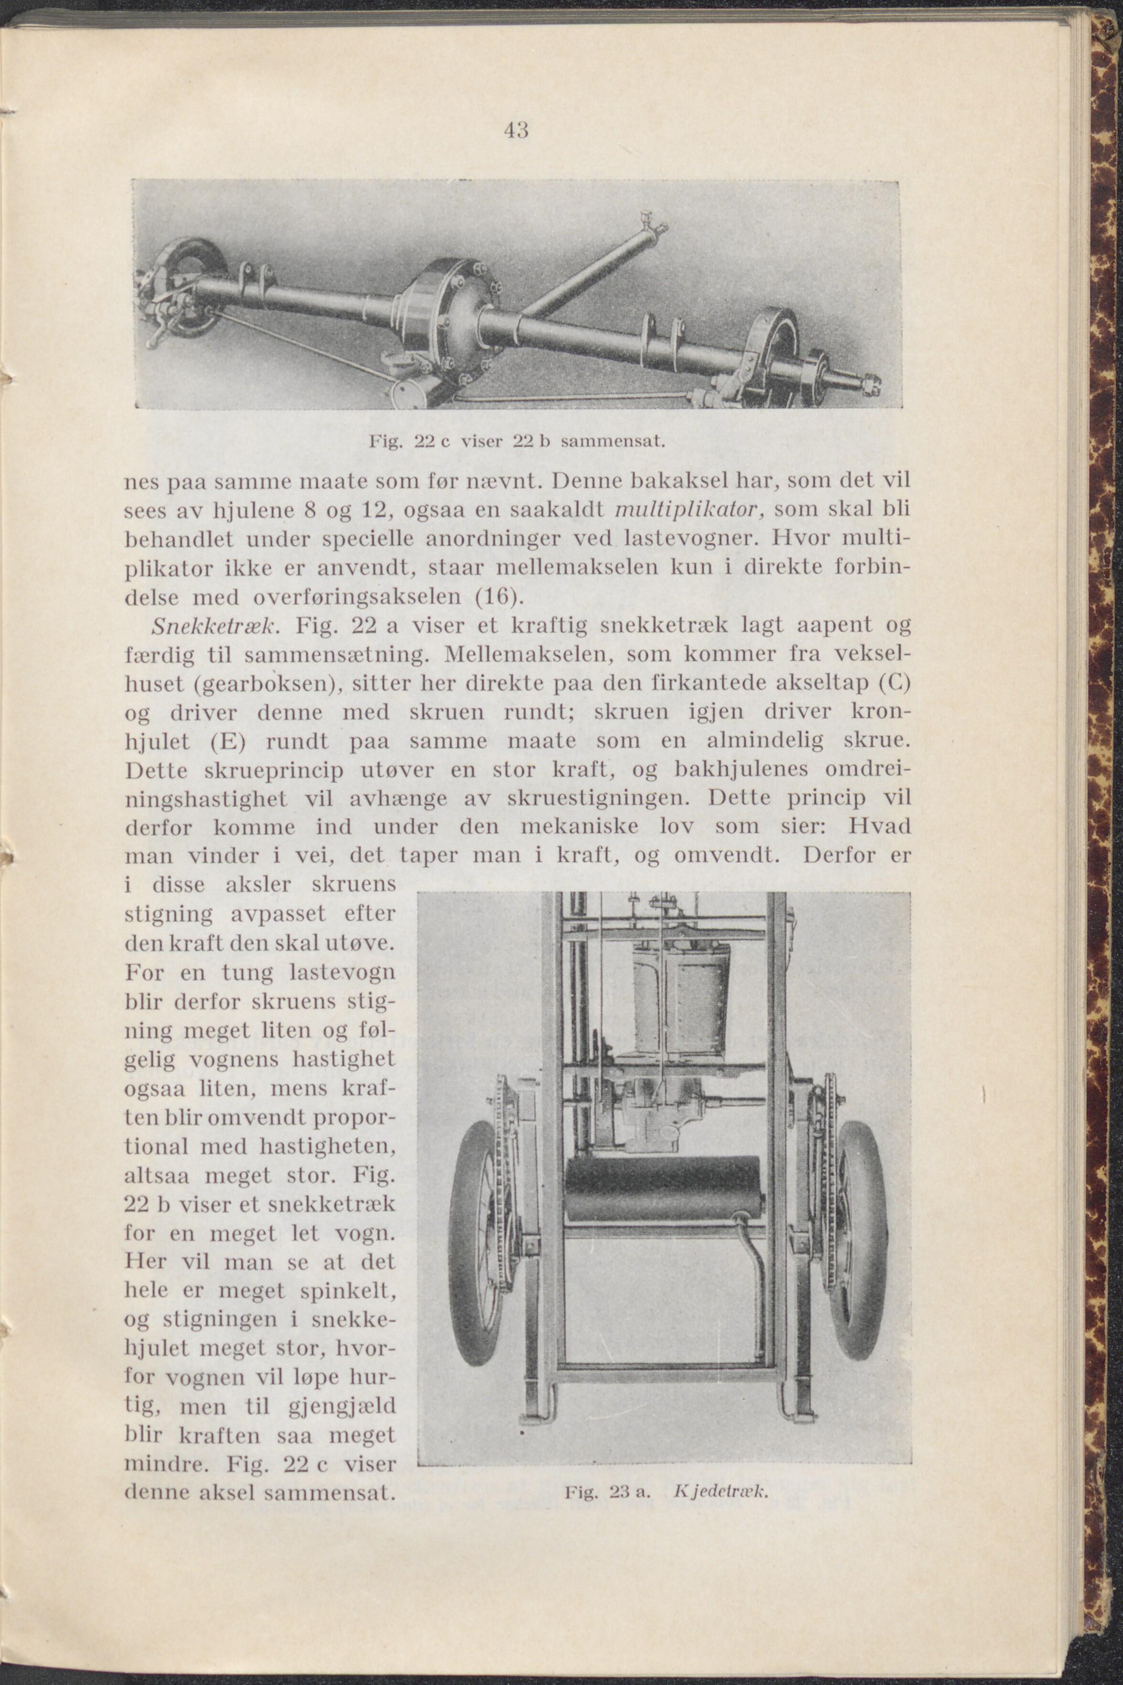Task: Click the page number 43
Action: [x=516, y=130]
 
